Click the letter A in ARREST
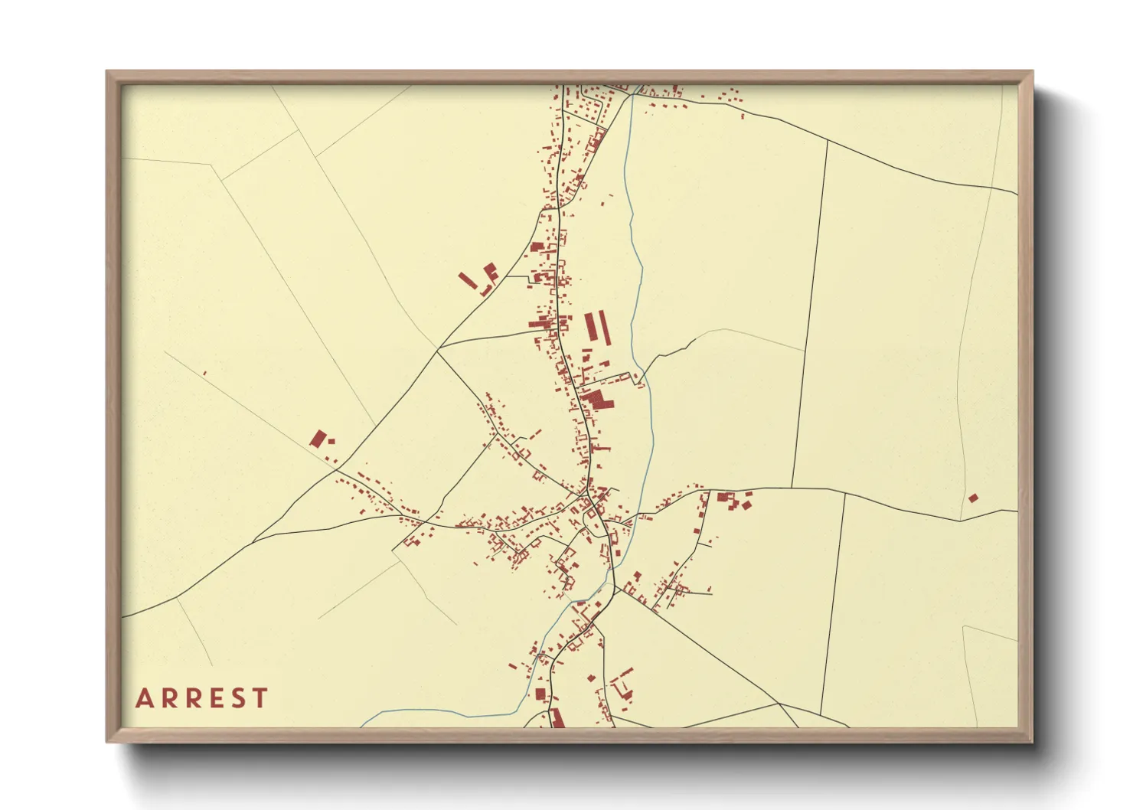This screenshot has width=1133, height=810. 144,698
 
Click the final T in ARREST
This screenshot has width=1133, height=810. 260,698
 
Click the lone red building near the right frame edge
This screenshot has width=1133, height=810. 973,498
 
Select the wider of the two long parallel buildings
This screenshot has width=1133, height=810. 591,326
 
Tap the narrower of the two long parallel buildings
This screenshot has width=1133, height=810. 606,327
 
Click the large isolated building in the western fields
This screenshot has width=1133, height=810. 318,438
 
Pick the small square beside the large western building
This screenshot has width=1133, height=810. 331,441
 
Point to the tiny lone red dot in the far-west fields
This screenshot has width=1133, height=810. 204,373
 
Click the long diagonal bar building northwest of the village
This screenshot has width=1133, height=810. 468,280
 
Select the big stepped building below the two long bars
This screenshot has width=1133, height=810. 597,399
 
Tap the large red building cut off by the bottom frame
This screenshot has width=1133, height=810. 557,718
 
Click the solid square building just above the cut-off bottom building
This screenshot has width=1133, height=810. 540,694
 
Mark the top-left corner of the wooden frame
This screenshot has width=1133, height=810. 107,72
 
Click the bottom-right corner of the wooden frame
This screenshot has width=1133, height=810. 1032,741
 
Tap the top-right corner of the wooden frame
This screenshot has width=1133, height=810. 1032,72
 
